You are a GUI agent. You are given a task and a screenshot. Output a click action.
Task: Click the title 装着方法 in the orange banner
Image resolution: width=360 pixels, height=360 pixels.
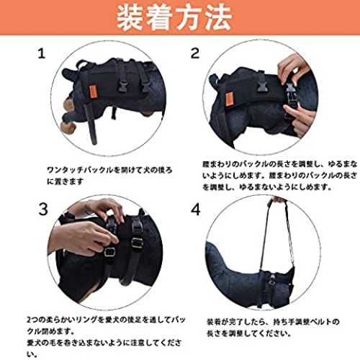coord(174,17)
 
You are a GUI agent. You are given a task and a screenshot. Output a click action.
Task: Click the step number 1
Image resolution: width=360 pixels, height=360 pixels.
coord(42,53)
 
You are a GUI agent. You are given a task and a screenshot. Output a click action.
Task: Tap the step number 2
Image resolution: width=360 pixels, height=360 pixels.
coord(195,53)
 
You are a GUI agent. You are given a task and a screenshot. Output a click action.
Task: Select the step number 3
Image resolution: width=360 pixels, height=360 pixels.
coord(43,209)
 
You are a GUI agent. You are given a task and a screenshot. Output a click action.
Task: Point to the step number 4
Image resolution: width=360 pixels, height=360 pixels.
coord(196,210)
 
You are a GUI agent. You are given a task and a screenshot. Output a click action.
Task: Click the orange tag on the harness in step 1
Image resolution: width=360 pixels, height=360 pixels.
coord(91,91)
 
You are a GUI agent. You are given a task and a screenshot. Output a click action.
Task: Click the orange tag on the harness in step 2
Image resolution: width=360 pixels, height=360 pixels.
coord(229,99)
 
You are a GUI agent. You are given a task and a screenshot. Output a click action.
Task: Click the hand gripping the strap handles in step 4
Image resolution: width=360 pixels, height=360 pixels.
coord(279,199)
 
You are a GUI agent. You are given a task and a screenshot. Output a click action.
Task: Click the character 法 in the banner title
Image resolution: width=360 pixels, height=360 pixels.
coord(217,17)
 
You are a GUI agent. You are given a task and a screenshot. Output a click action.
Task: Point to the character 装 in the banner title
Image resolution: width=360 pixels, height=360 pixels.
coord(130,17)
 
